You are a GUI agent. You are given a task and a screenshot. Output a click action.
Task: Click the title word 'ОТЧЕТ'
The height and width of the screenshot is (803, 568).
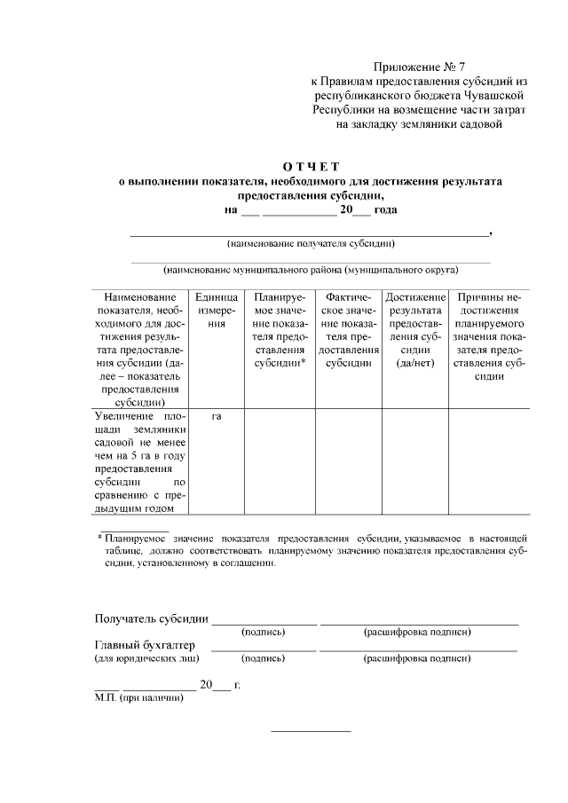311,166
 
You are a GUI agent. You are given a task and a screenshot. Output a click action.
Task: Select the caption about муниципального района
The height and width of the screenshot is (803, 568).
311,268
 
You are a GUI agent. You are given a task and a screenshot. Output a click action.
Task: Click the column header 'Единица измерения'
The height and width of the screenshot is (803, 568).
217,311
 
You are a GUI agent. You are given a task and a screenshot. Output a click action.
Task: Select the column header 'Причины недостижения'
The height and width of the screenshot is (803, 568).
489,336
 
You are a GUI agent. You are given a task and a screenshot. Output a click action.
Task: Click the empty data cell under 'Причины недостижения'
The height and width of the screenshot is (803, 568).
489,461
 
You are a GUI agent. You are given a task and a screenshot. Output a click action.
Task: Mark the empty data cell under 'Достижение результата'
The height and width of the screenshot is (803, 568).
415,461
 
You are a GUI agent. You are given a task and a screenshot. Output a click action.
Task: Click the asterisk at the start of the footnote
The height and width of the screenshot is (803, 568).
99,538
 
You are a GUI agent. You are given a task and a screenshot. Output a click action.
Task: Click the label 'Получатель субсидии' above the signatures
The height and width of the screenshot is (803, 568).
152,618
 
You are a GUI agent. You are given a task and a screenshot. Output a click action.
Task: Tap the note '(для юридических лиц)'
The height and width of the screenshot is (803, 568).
146,659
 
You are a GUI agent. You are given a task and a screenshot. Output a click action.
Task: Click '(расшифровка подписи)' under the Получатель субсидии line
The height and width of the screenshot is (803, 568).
417,632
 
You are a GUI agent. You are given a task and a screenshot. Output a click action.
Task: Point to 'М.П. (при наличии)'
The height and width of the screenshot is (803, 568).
139,698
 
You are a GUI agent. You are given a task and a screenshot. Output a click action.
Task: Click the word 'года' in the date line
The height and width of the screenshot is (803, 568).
385,210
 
